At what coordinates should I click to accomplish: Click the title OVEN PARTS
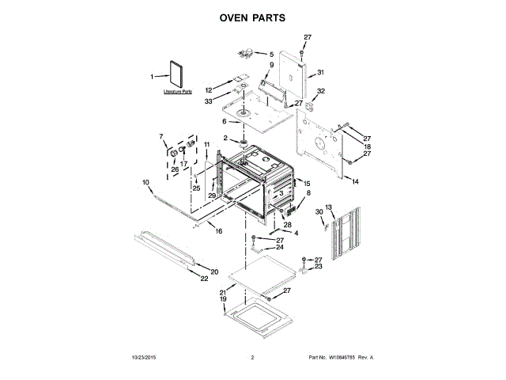[x=252, y=17]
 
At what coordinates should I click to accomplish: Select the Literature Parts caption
[x=178, y=93]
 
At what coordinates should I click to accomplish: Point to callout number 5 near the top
[x=260, y=54]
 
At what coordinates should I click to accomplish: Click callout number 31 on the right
[x=321, y=73]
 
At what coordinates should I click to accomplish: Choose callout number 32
[x=321, y=92]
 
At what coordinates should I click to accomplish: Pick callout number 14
[x=355, y=182]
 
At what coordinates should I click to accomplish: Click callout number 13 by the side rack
[x=330, y=207]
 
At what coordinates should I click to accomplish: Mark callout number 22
[x=204, y=279]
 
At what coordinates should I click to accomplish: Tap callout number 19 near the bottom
[x=223, y=300]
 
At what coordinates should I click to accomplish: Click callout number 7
[x=161, y=136]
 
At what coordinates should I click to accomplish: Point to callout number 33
[x=209, y=101]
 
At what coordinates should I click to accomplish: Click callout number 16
[x=219, y=230]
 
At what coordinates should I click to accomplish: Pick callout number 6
[x=224, y=121]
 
